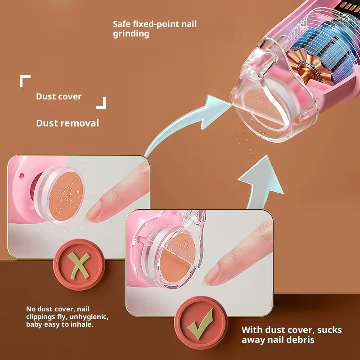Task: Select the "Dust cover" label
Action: point(59,96)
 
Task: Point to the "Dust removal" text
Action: point(67,123)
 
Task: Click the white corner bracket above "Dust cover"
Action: point(24,81)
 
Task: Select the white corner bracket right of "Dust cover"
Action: point(102,103)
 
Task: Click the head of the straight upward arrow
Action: point(263,169)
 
